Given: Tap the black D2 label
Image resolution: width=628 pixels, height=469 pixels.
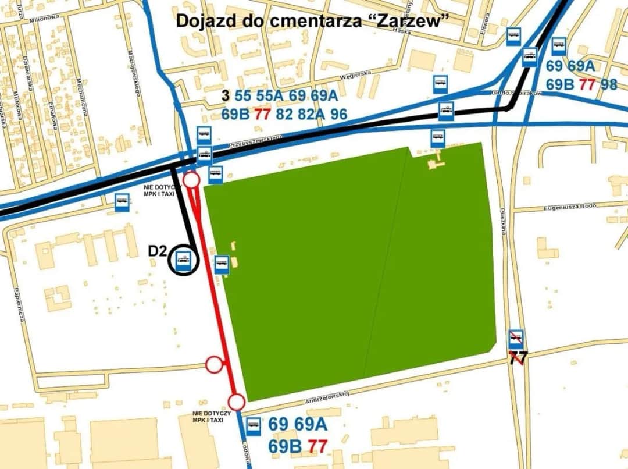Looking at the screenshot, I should (x=157, y=251).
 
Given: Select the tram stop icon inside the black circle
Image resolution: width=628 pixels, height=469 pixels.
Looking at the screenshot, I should (x=183, y=262).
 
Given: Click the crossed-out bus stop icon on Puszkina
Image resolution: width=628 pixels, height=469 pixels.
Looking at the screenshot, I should (x=516, y=338).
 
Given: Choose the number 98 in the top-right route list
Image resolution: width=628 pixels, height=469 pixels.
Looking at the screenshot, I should (x=609, y=84).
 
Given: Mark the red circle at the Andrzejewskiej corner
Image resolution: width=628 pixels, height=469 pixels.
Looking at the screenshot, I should (x=236, y=402).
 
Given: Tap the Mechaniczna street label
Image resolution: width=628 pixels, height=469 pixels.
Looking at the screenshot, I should (x=81, y=96).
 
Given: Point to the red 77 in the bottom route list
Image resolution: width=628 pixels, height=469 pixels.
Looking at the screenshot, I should (x=317, y=446).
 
